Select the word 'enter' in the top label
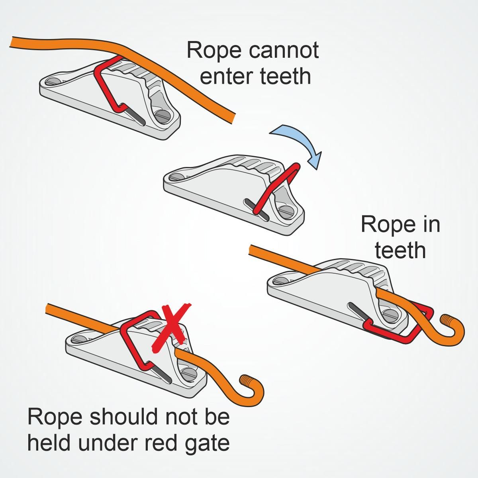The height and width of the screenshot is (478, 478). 223,76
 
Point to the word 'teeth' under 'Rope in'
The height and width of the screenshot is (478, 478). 400,250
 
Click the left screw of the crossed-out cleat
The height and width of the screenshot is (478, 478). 78,339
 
